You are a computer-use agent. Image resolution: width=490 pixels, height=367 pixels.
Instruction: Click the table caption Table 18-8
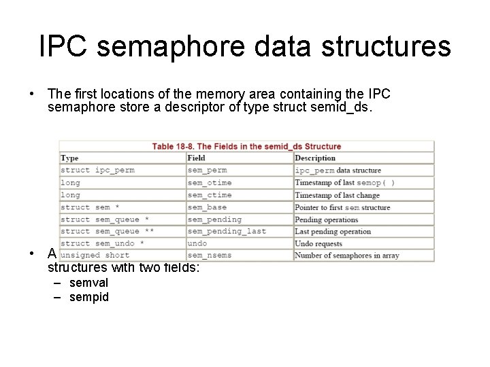(246, 146)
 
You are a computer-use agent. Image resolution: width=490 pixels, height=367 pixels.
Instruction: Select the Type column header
(69, 158)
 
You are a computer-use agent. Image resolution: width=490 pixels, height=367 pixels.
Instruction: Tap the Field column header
(196, 158)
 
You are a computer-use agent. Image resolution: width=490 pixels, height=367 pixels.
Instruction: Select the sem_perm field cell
(207, 171)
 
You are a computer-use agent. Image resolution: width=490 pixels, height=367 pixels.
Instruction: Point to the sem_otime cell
(209, 183)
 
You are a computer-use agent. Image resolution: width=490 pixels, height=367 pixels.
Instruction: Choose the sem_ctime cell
(209, 195)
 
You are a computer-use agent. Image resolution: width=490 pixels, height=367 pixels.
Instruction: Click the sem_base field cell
(207, 207)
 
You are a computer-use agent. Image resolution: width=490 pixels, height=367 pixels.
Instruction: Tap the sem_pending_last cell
(227, 232)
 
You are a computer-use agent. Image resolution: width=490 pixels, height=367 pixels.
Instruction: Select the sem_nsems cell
(209, 256)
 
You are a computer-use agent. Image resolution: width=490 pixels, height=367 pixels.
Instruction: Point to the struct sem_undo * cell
(102, 243)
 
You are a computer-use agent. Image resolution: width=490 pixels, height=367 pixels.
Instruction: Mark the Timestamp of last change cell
(337, 195)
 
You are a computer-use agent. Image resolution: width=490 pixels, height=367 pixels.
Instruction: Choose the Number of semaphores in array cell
(346, 256)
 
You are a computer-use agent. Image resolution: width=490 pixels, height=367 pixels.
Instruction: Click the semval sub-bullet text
(88, 283)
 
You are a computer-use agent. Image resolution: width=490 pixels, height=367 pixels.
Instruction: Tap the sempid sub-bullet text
(88, 297)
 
